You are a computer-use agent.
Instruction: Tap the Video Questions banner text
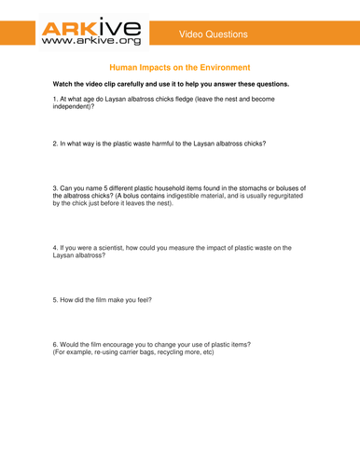point(215,34)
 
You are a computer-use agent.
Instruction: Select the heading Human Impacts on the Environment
point(180,69)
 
